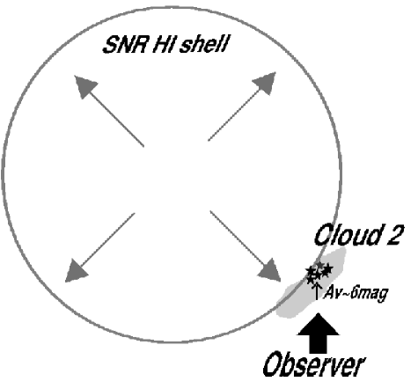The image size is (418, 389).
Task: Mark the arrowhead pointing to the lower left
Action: click(x=78, y=265)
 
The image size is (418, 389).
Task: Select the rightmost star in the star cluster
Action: click(x=327, y=268)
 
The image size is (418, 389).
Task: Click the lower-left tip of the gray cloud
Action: click(x=280, y=312)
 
